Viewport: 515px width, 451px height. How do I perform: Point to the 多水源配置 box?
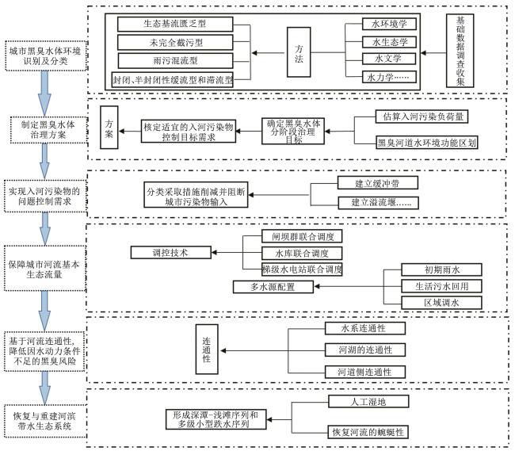point(268,286)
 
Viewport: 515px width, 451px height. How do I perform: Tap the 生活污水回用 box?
point(431,286)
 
